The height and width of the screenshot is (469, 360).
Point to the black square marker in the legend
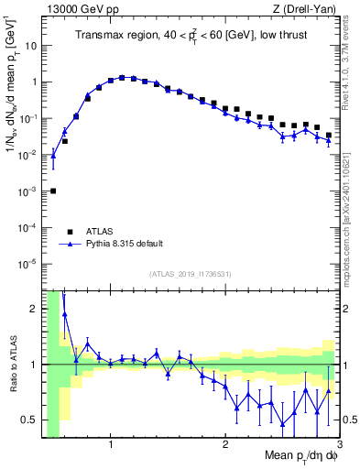tap(70, 232)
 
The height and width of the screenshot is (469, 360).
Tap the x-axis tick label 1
tap(111, 446)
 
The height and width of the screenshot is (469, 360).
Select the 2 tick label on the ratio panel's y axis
tap(35, 309)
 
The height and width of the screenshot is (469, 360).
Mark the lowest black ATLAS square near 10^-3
tap(53, 191)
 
